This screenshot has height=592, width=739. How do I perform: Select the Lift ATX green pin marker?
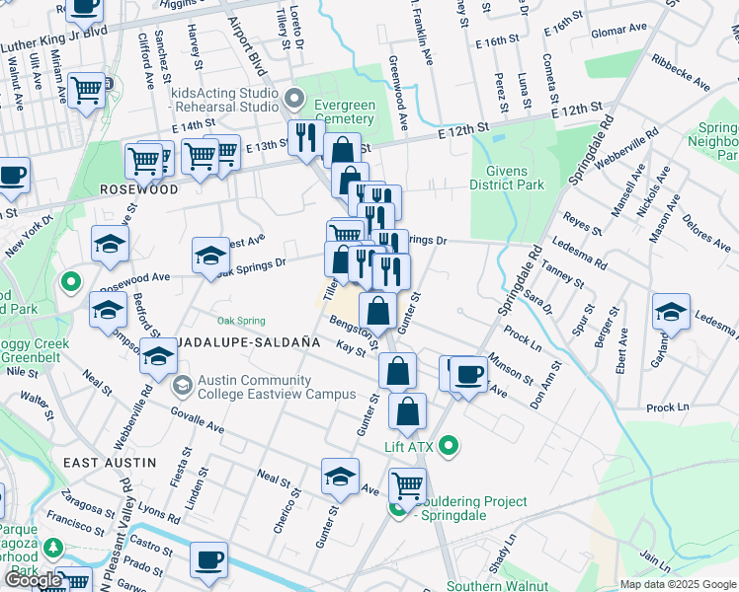[x=450, y=447]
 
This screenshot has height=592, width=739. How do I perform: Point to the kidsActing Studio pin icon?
[x=294, y=99]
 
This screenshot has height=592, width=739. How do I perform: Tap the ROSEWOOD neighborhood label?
[x=138, y=188]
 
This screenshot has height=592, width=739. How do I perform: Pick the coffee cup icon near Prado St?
[x=208, y=559]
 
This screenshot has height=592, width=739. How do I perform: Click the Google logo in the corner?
[x=33, y=580]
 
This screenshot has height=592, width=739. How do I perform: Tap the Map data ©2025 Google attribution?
[x=677, y=584]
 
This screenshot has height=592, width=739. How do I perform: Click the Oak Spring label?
[x=241, y=321]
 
